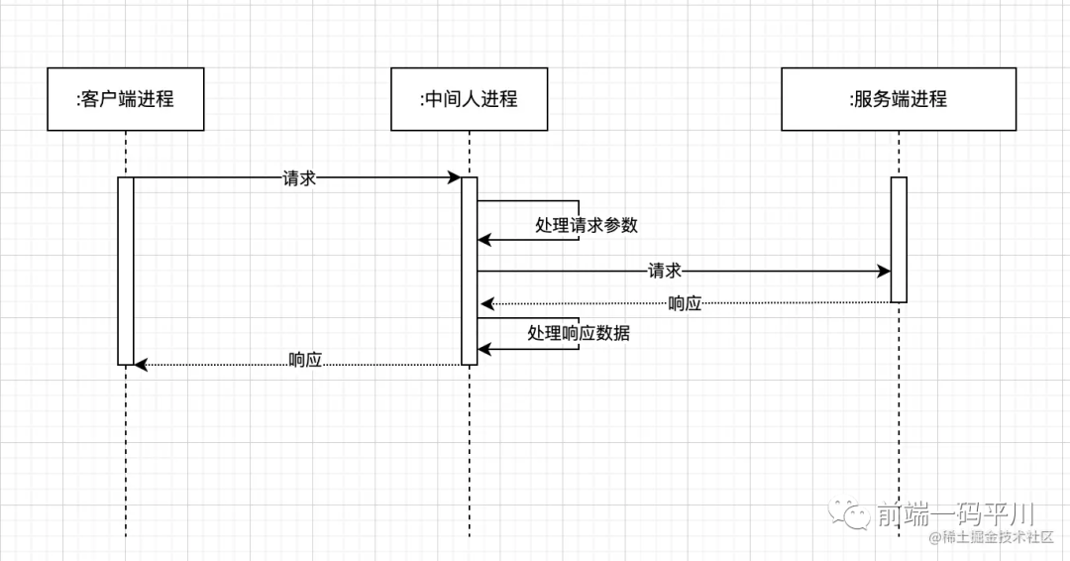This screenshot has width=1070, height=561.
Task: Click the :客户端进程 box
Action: point(126,99)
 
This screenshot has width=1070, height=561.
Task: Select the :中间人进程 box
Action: point(469,99)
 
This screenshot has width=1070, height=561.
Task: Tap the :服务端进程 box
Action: point(899,99)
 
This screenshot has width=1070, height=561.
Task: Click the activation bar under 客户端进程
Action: point(126,270)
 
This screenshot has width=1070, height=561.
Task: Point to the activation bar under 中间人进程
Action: point(470,270)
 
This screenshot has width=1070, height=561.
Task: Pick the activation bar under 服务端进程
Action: point(899,239)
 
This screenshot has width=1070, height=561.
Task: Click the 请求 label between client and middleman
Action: point(299,178)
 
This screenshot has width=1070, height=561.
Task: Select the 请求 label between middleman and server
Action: point(664,271)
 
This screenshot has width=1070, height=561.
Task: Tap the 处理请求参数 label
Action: point(587,225)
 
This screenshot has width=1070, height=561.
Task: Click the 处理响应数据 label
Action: point(579,333)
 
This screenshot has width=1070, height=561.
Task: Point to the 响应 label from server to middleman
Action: point(685,303)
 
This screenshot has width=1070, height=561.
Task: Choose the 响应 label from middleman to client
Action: point(305,360)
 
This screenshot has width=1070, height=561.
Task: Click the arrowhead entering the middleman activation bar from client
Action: point(455,178)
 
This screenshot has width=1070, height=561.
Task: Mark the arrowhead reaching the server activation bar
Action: point(884,271)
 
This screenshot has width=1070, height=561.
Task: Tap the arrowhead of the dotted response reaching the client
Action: point(141,365)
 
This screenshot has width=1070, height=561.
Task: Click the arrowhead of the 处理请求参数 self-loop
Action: point(484,239)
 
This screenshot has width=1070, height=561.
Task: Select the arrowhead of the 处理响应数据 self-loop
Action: point(484,349)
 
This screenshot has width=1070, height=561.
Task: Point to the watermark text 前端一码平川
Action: point(955,513)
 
